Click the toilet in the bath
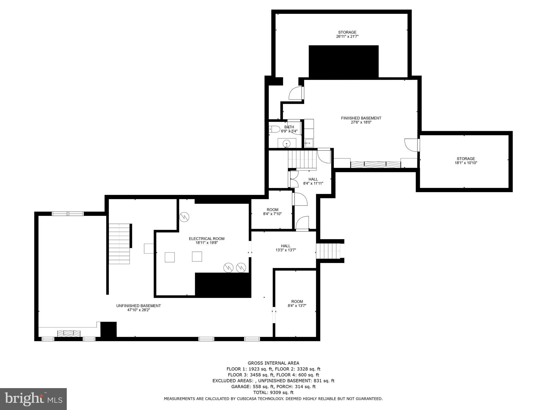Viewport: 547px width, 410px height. pos(274,129)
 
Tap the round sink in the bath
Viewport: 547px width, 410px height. pos(287,143)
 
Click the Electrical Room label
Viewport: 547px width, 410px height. pos(206,239)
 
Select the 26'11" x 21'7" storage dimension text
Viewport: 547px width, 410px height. pos(347,37)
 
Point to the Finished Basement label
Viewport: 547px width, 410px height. pos(361,118)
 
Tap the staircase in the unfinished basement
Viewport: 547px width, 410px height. pos(119,244)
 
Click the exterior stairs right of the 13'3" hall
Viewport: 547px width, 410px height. pos(329,251)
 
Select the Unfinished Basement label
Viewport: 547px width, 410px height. pos(138,306)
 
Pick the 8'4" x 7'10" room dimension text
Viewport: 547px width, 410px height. pos(272,214)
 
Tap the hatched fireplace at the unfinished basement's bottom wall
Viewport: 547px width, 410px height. pos(69,333)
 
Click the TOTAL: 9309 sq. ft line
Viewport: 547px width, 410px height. pos(273,392)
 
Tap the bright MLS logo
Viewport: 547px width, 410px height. pos(33,399)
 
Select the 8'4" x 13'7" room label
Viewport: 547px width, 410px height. pos(297,302)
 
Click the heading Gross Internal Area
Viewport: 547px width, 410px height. pos(273,363)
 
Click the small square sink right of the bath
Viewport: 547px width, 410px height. pos(309,143)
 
